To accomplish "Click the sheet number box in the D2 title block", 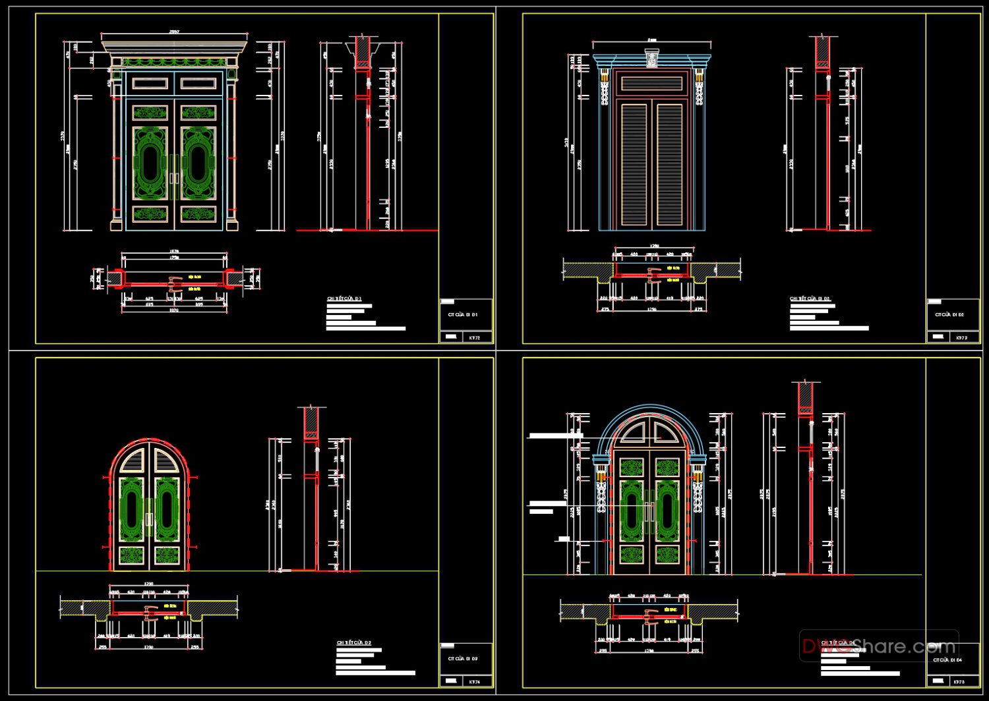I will coord(961,337).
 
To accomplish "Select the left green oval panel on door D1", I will coord(150,163).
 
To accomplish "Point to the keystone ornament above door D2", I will coord(652,59).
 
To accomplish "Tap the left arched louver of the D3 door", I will coord(133,459).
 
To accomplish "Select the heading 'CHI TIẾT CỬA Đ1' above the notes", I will coord(344,299).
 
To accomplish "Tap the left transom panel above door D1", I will coord(150,84).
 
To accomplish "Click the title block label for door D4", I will coord(947,659).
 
